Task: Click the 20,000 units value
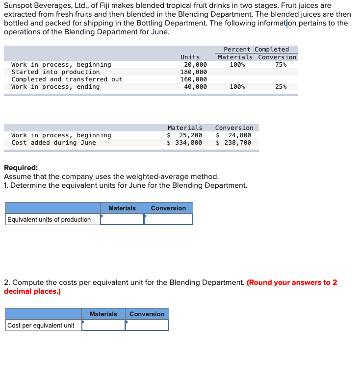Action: coord(195,65)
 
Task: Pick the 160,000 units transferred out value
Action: coord(194,79)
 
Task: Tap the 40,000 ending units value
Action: coord(195,87)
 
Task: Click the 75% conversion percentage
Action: coord(281,65)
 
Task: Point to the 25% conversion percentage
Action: coord(281,87)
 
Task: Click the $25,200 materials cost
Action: coord(185,135)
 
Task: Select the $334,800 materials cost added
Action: coord(185,143)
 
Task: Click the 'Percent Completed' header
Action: coord(256,50)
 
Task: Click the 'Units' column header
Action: coord(190,57)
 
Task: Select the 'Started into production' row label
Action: coord(55,72)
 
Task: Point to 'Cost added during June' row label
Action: coord(53,143)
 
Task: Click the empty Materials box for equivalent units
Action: coord(122,220)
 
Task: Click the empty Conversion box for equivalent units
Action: coord(168,220)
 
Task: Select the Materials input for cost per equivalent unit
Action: coord(103,326)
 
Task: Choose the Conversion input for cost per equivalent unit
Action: coord(147,326)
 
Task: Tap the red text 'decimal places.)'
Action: coord(32,291)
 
